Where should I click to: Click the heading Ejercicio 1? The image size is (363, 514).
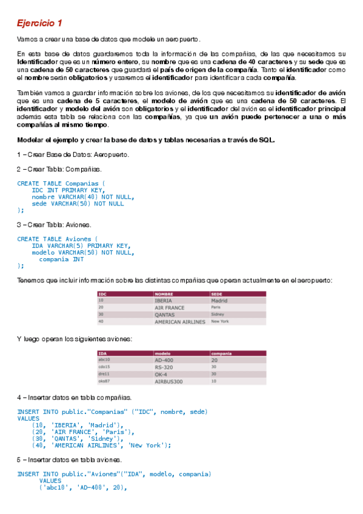[39, 23]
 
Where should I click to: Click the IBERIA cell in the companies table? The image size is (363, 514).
[164, 300]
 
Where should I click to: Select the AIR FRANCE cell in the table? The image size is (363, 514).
[170, 307]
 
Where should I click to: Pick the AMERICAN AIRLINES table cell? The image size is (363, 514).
[180, 322]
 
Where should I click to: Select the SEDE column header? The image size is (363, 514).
[216, 294]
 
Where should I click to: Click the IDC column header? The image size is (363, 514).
[102, 294]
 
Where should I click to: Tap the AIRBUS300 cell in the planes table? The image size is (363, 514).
[169, 382]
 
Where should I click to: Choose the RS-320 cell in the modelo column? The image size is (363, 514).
[164, 367]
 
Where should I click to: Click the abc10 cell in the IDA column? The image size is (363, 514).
[104, 359]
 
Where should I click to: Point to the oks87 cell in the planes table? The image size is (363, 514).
[104, 382]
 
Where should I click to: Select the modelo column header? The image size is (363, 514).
[162, 353]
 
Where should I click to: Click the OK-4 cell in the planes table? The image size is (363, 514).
[162, 374]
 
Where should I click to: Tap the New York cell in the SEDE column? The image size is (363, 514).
[220, 322]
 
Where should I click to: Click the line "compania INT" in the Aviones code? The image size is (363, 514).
[61, 259]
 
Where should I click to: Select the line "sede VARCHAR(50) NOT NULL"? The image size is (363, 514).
[78, 204]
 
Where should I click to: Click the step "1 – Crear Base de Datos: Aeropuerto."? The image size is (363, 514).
[73, 155]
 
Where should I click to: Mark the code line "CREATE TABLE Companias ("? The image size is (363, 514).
[61, 182]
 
